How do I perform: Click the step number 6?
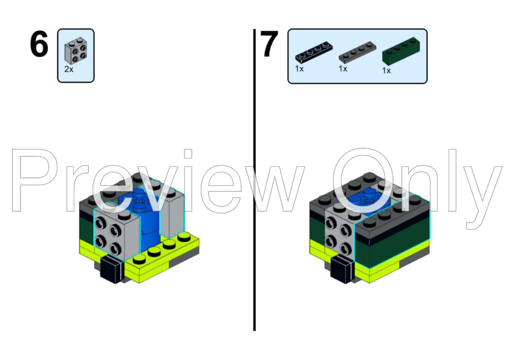click(x=39, y=45)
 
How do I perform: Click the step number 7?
click(x=270, y=45)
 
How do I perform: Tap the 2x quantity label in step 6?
click(x=69, y=70)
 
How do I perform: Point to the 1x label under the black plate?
click(x=299, y=68)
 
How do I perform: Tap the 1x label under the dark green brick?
click(x=386, y=70)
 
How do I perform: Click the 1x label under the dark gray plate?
click(x=343, y=68)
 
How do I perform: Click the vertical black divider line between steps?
click(x=254, y=182)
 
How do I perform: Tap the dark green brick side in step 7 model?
click(x=393, y=248)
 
